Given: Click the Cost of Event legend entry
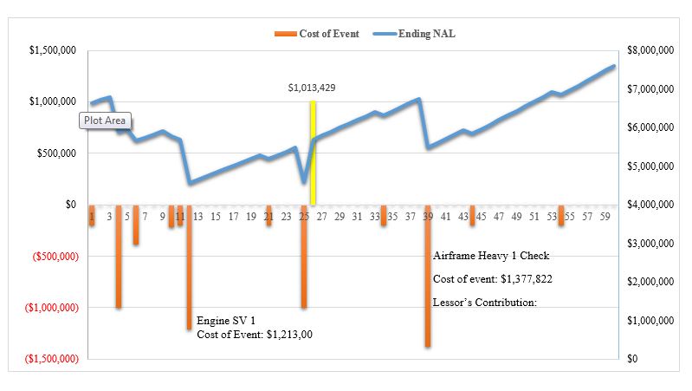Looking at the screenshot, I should (317, 34).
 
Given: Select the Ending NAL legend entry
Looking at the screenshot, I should (415, 34).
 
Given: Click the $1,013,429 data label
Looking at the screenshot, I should (312, 88).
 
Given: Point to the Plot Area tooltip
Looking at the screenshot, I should (106, 121).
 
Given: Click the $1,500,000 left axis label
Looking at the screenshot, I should (53, 51).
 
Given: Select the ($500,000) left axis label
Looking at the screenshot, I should (55, 257).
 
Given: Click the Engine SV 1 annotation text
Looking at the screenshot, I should (227, 320).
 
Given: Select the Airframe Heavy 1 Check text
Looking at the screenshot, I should (491, 256).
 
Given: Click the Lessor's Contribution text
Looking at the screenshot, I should (485, 303).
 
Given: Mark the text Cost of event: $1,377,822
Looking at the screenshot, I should (493, 279).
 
